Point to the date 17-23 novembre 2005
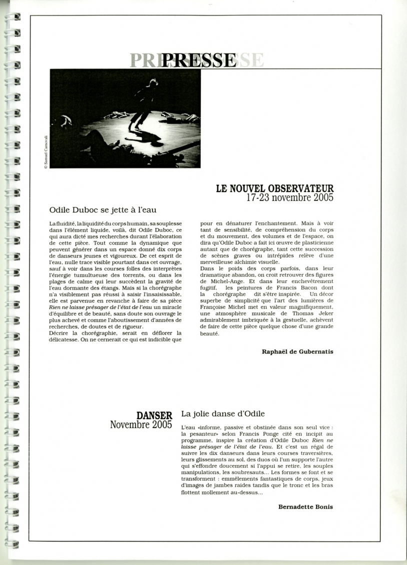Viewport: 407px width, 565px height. point(290,197)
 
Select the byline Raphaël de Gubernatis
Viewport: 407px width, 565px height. point(297,351)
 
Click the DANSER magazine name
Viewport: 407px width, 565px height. point(155,415)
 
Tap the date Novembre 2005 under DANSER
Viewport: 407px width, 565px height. point(141,425)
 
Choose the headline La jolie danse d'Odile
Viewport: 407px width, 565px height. point(223,414)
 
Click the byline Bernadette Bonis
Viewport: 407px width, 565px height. point(305,506)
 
